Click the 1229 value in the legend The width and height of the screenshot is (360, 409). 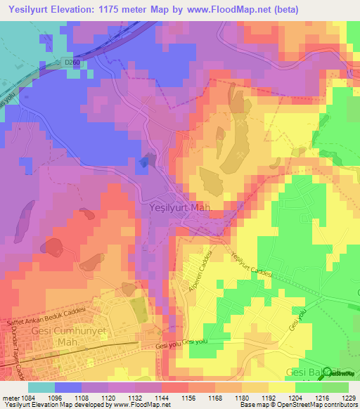(x=348, y=398)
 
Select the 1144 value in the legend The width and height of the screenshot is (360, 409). (x=162, y=398)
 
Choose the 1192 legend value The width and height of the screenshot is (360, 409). (x=269, y=398)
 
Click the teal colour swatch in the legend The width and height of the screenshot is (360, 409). (x=41, y=387)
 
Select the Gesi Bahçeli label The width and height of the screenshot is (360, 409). (x=312, y=372)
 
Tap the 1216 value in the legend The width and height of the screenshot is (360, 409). (x=321, y=398)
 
